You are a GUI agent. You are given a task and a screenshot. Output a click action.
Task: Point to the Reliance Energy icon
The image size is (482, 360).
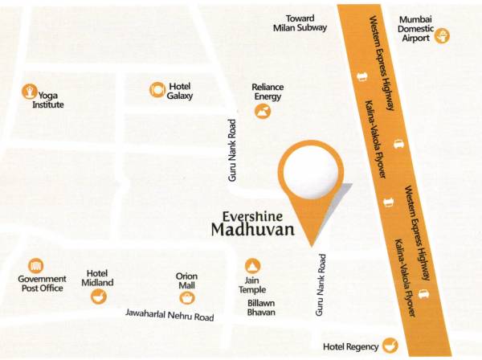(262, 112)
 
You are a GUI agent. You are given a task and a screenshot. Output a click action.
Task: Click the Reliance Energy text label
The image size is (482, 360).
(268, 92)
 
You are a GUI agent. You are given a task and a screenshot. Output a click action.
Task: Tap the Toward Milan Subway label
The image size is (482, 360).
(300, 22)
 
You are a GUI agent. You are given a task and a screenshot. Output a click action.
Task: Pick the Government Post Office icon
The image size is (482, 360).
(35, 266)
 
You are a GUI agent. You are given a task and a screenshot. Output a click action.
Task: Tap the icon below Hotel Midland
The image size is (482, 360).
(98, 297)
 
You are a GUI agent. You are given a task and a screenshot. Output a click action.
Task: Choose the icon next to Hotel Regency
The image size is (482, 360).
(390, 345)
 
